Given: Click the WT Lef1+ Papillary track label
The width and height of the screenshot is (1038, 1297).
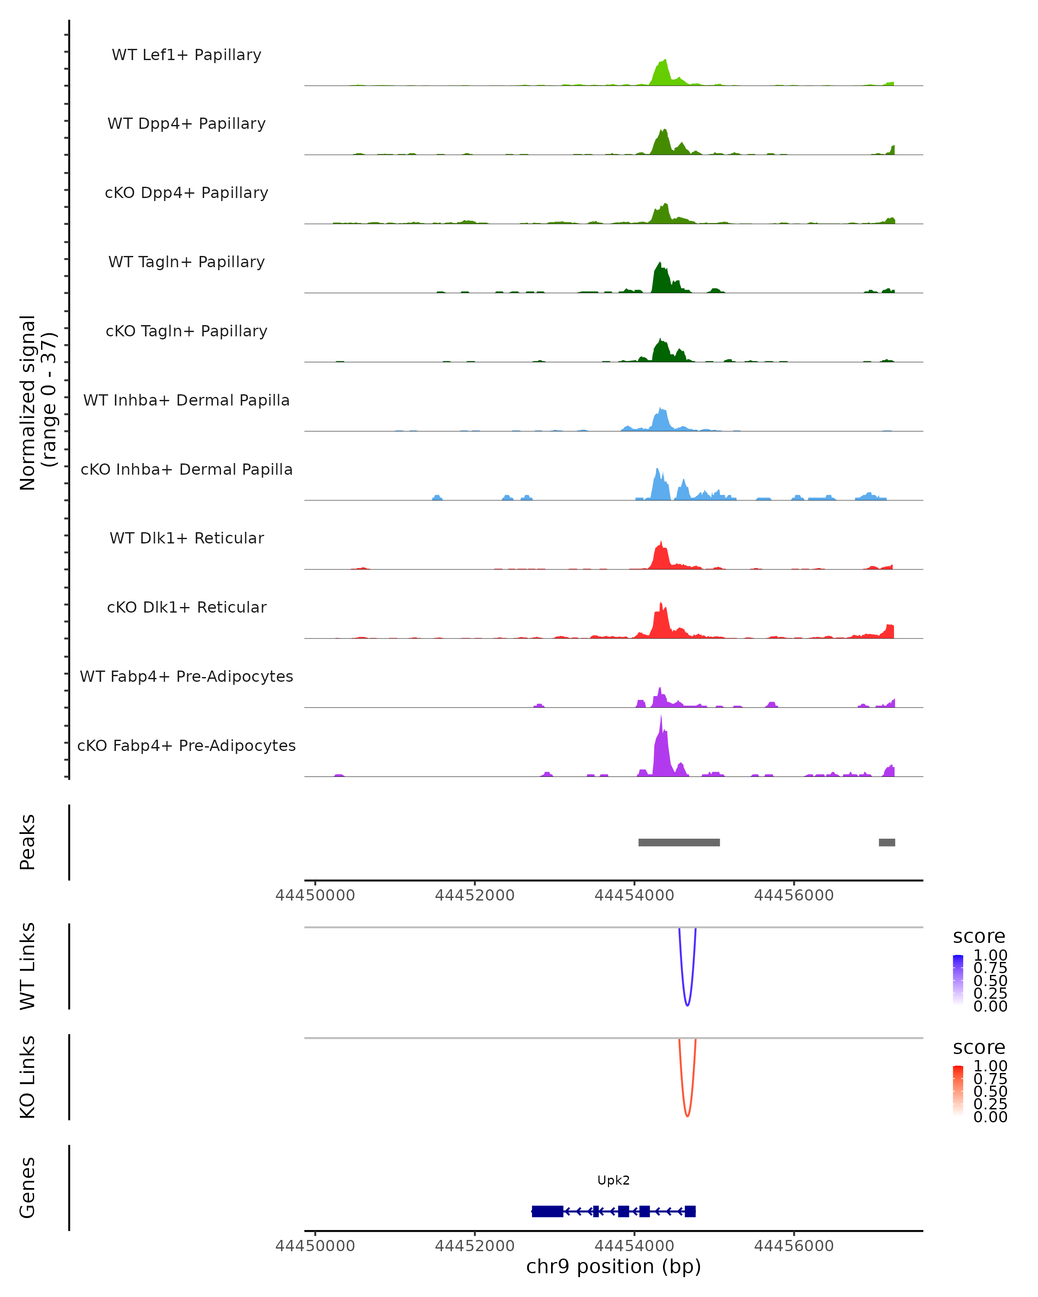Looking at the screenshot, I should (x=186, y=55).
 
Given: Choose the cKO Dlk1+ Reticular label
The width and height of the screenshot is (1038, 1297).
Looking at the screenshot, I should (x=186, y=607).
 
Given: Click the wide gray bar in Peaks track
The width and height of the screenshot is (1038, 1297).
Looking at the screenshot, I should (x=679, y=842).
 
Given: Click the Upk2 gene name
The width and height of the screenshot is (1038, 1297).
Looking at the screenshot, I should (x=613, y=1180).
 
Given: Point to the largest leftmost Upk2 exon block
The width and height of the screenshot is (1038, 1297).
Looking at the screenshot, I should (x=548, y=1211).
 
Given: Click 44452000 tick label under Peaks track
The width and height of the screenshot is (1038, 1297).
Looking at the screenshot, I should (x=475, y=895).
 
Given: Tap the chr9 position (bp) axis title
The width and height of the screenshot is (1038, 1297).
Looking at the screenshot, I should (x=613, y=1266).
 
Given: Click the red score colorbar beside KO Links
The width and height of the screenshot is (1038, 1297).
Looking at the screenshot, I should (x=958, y=1091).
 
